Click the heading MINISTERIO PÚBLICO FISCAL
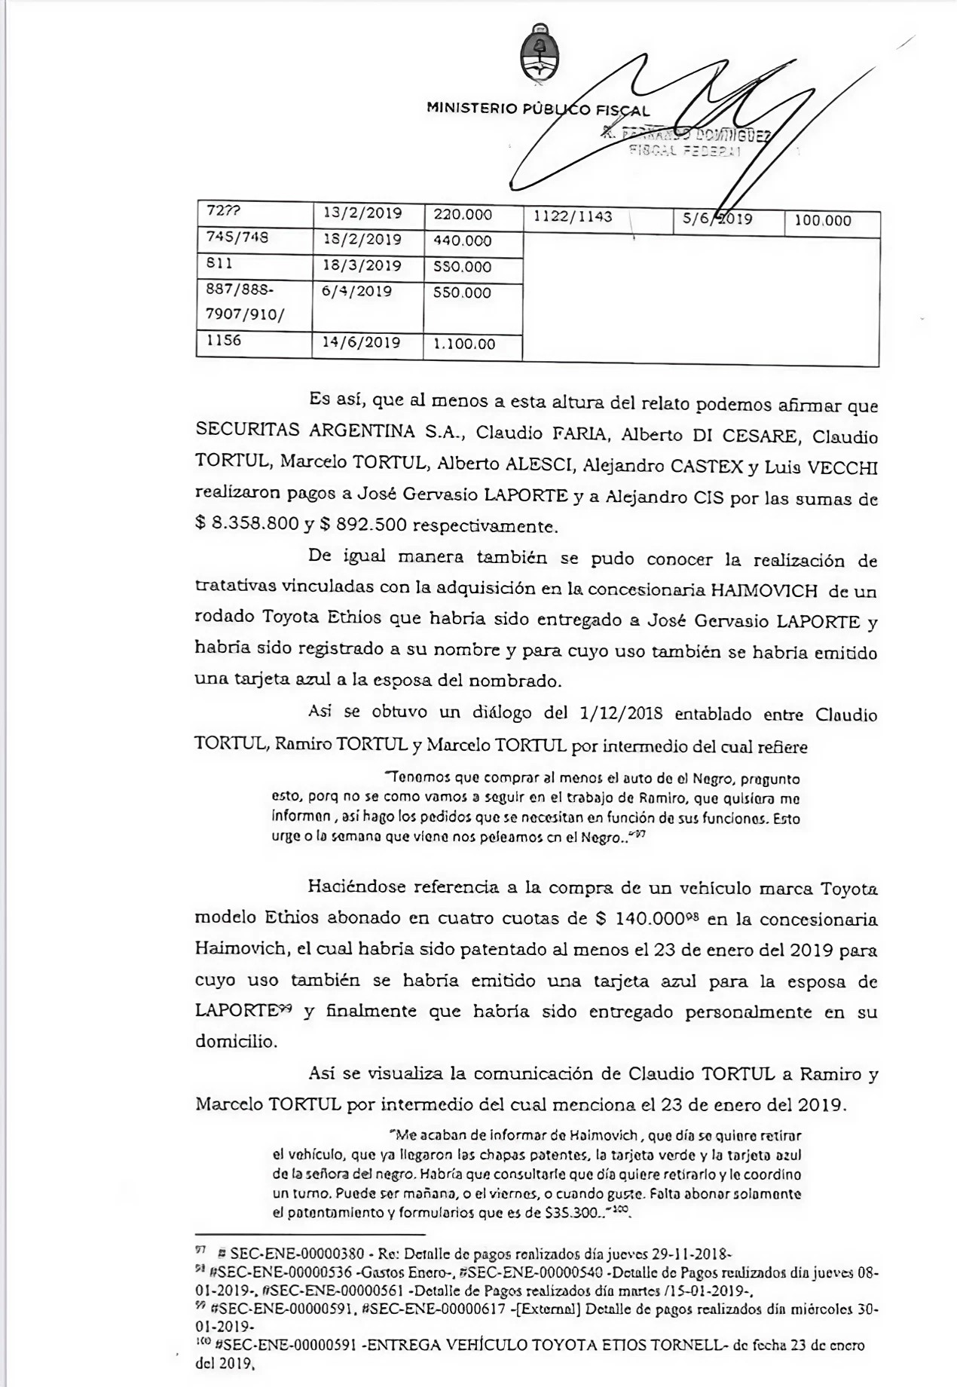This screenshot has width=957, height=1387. [538, 109]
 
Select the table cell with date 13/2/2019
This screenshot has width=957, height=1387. [362, 214]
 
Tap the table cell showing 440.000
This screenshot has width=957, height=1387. [463, 241]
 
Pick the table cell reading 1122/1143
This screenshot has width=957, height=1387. [573, 218]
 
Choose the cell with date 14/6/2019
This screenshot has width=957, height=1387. [361, 343]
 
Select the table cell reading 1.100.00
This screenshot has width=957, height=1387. [464, 344]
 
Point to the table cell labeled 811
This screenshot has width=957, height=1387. [219, 265]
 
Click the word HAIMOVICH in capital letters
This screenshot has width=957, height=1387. [762, 591]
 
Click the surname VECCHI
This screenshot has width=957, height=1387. [842, 467]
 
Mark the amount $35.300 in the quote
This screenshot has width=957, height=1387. [574, 1214]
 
